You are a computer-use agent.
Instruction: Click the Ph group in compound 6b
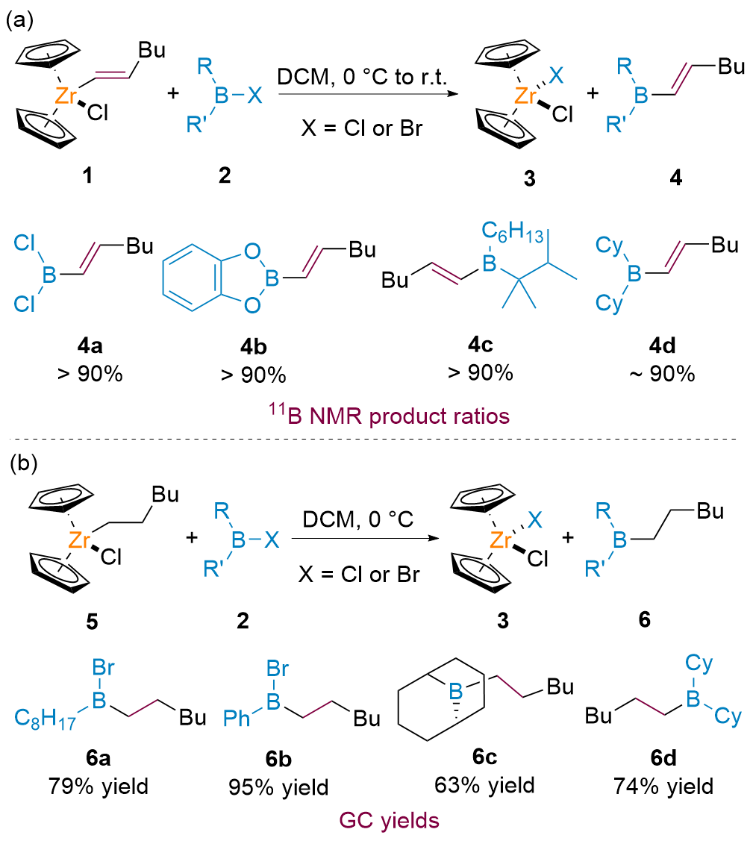[239, 719]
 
